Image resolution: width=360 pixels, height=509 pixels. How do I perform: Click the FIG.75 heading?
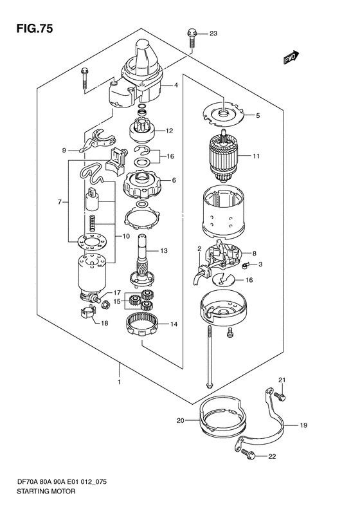34,28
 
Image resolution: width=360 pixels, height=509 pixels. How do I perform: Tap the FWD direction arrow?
291,57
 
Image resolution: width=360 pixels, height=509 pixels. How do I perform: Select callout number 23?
213,33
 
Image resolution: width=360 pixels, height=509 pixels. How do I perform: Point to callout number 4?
175,86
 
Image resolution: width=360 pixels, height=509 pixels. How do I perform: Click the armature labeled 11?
224,156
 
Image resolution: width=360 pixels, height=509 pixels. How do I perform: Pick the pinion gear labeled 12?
141,130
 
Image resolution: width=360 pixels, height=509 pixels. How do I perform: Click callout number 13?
164,250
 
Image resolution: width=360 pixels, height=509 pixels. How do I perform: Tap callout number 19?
303,425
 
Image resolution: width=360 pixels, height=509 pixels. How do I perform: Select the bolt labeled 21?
279,396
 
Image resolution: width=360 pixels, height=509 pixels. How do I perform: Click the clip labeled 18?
87,312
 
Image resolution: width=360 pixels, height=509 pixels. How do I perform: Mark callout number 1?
119,382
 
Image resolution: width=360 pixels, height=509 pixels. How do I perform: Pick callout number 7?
59,202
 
